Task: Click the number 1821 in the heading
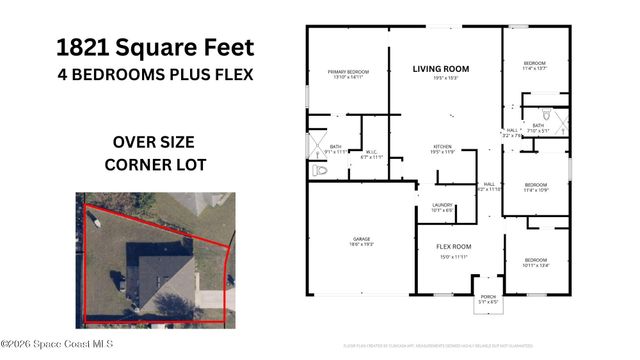point(82,46)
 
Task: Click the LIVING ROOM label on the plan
point(441,69)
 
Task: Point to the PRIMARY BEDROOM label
point(348,72)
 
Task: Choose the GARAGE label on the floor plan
point(361,239)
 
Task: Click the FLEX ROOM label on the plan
point(453,246)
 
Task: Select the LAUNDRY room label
point(442,205)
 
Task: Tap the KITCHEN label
point(442,148)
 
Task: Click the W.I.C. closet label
point(370,152)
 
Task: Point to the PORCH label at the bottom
point(488,295)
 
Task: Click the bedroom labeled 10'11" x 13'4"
point(536,260)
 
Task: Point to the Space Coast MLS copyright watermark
point(57,344)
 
